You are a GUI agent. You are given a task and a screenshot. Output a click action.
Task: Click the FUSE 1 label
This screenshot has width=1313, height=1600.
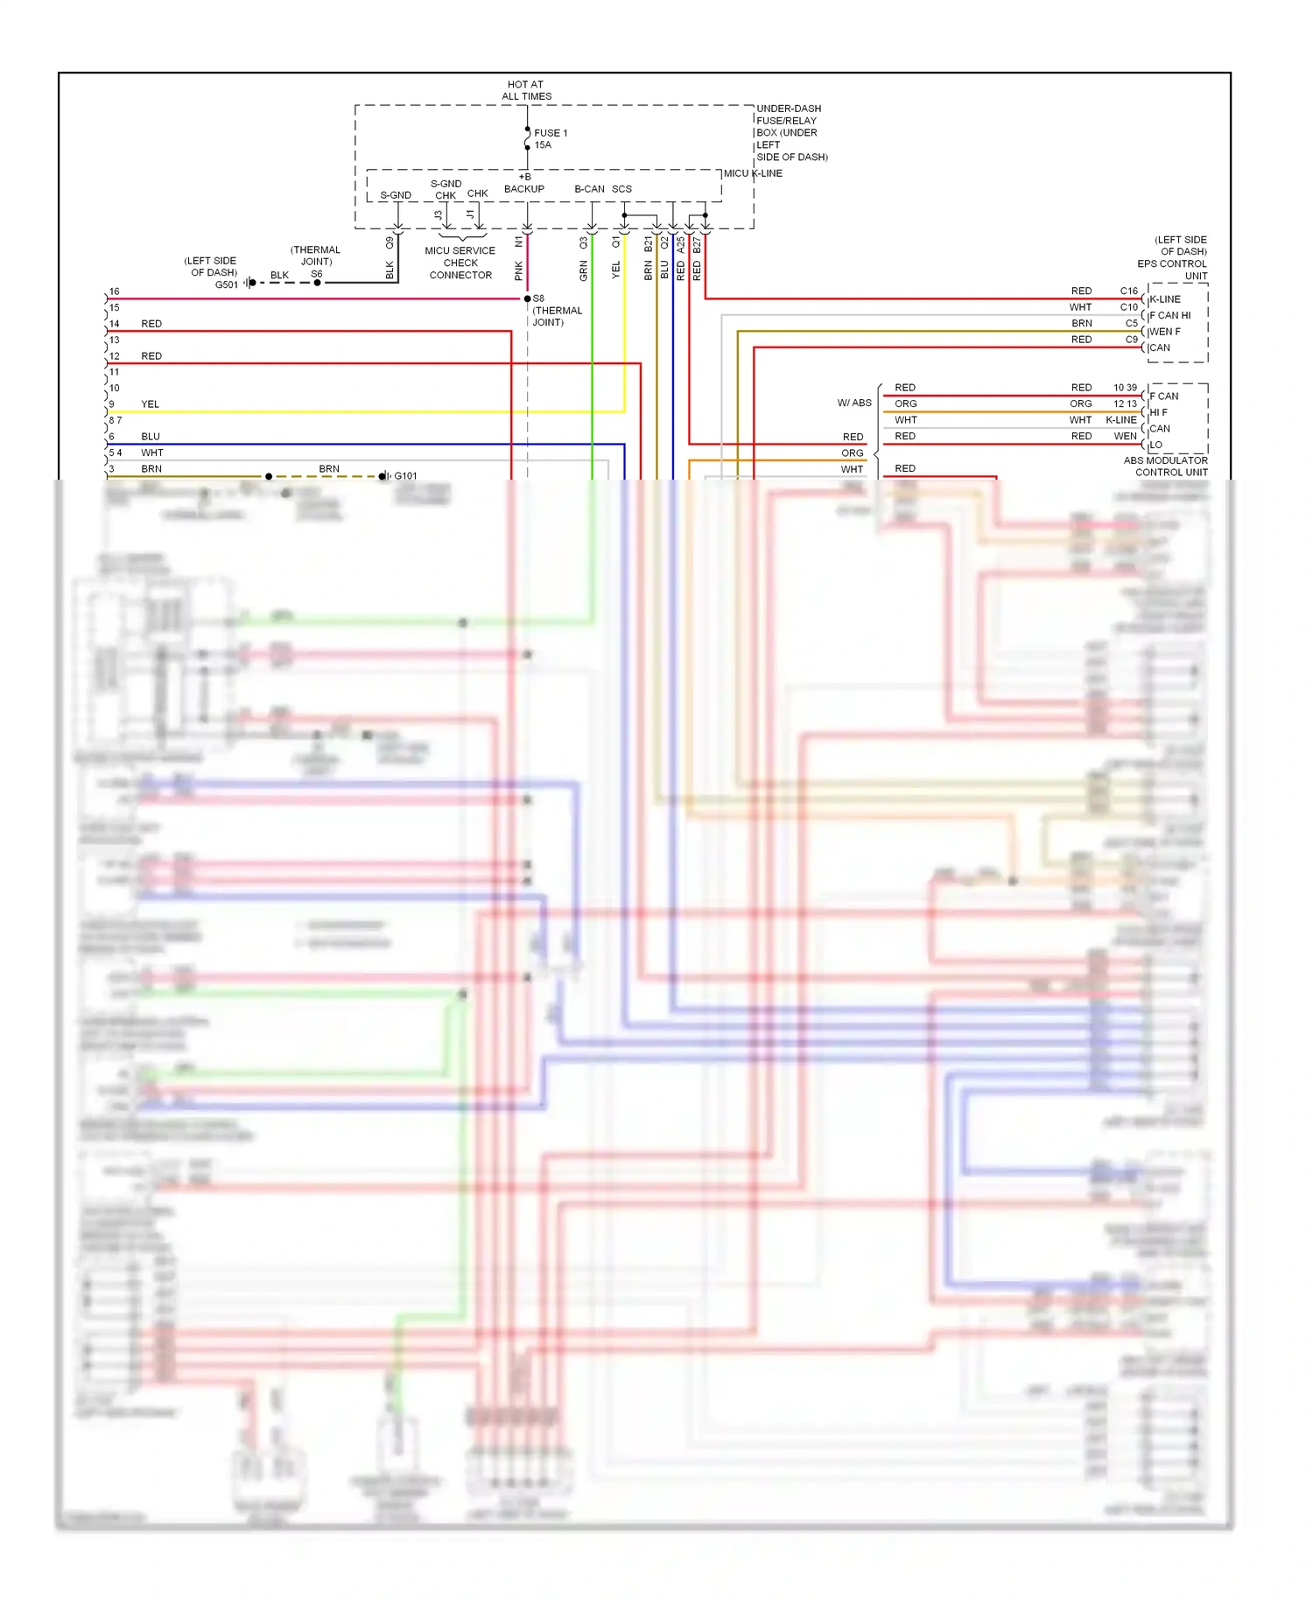point(550,133)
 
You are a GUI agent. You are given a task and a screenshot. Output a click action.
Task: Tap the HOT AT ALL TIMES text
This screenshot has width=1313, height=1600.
point(526,90)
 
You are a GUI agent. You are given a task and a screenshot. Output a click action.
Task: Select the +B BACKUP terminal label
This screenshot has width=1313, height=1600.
point(524,183)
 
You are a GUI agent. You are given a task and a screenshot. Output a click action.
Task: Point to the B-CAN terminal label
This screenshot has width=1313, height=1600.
point(589,189)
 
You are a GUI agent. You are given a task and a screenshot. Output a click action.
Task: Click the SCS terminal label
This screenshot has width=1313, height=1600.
point(621,189)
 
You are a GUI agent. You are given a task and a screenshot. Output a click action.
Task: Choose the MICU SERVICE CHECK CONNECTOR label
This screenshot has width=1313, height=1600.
point(460,263)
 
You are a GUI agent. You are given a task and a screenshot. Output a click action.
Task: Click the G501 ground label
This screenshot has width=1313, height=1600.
point(226,284)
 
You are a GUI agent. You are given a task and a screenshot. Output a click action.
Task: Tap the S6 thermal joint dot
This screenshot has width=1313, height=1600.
point(317,283)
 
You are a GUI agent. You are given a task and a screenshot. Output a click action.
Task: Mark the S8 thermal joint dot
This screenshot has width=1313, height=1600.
point(527,299)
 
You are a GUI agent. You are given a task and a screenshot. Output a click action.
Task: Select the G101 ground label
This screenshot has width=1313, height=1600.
point(405,476)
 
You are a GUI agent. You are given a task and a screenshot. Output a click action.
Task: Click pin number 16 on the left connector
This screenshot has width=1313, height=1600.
point(114,291)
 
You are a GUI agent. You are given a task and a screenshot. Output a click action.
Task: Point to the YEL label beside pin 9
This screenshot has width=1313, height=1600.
point(151,404)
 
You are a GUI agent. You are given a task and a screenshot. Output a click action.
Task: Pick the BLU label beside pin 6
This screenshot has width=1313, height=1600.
point(151,437)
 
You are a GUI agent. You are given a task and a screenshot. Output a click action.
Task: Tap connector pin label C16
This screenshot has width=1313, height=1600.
point(1128,291)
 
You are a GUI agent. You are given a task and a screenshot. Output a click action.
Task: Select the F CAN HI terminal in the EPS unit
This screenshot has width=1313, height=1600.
point(1170,315)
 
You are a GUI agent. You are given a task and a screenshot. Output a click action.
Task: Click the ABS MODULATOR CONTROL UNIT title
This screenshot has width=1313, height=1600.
point(1166,467)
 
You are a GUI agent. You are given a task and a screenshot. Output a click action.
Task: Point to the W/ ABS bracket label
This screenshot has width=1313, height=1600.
point(854,404)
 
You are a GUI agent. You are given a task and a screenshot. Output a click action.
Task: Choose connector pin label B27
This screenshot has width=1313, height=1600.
point(697,245)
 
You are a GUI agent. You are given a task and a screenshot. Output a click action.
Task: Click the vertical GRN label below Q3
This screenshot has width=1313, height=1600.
point(584,271)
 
